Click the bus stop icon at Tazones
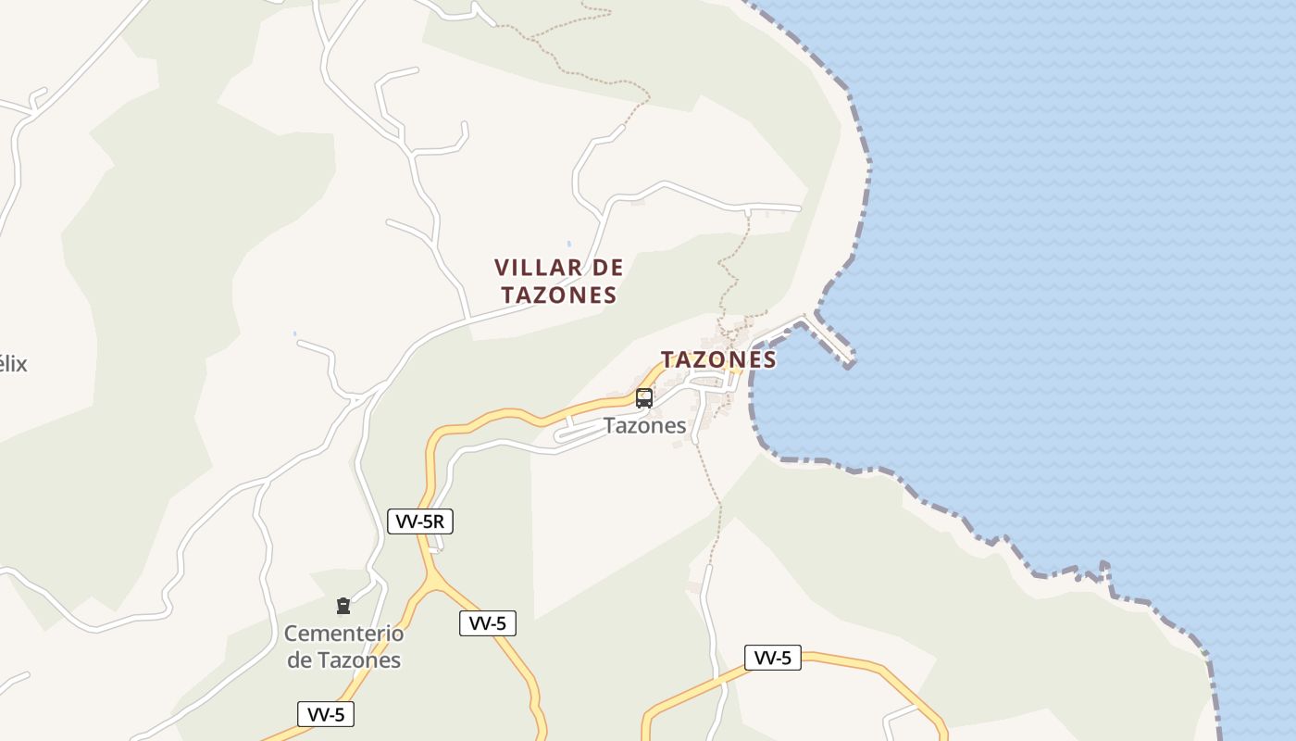pos(644,398)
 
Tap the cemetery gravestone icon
pos(343,606)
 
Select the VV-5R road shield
pos(419,521)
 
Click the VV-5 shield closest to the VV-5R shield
pos(487,623)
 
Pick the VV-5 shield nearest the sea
pos(772,658)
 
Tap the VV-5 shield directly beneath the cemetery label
pos(326,714)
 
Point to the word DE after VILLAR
pos(607,268)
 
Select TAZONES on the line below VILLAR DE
pos(558,295)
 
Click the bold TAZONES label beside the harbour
pos(718,359)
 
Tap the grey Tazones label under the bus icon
pos(645,426)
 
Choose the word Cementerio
pos(343,634)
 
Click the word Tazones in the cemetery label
pos(359,660)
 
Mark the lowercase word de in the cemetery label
pos(299,660)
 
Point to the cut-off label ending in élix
pos(13,364)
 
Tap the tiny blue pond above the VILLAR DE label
pos(568,245)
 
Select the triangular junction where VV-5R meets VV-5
pos(432,582)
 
